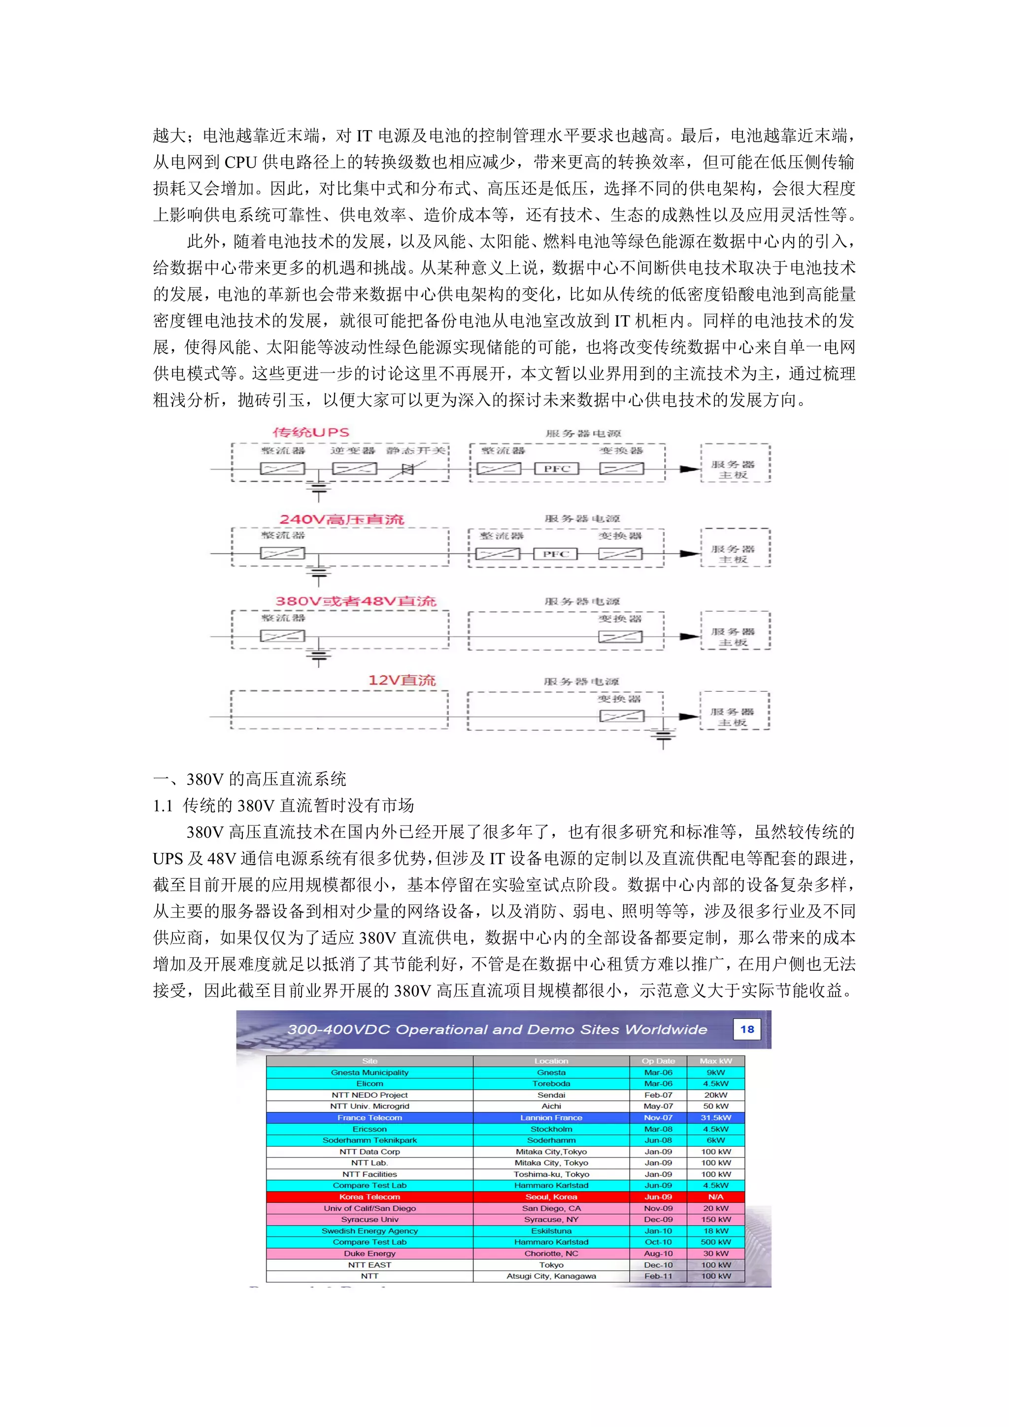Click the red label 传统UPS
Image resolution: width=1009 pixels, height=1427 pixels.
point(311,433)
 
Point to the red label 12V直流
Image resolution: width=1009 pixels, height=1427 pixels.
point(402,680)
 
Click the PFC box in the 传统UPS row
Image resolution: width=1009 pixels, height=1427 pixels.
point(557,469)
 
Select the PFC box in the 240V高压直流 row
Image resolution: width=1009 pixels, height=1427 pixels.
point(555,554)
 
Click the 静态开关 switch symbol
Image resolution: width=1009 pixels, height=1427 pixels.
point(407,469)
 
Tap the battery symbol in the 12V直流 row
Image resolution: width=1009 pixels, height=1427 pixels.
point(663,737)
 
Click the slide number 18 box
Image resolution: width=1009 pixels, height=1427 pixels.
point(747,1029)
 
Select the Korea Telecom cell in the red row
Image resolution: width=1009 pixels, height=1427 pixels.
point(370,1197)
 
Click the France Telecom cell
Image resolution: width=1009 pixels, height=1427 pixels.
point(370,1118)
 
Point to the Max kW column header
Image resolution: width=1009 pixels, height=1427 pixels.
point(716,1061)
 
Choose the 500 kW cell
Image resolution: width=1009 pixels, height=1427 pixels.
point(716,1242)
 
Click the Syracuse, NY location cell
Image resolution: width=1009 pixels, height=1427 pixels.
point(551,1220)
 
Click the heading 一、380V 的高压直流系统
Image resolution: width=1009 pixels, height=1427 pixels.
point(250,779)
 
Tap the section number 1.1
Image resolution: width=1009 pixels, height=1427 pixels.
point(163,806)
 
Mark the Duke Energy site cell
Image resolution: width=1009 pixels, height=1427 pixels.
point(370,1254)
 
